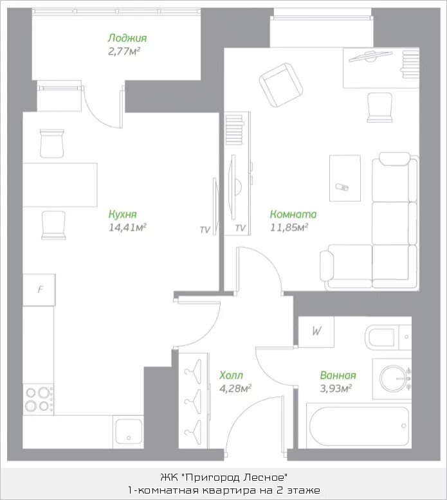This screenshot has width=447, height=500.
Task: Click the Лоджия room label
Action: point(127,38)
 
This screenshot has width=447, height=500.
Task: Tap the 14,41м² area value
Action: point(127,228)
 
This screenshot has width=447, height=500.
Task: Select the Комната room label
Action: point(293,214)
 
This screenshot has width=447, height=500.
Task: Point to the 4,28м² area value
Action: point(235,388)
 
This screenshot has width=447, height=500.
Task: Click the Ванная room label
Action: point(338,375)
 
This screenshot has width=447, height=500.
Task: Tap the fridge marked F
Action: point(39,290)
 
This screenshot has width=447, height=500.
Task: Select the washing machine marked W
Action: point(316,332)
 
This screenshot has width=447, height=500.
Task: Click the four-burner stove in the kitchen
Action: point(39,399)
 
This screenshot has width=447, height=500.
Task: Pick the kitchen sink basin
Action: point(129,431)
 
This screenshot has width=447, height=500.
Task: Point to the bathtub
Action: point(359,425)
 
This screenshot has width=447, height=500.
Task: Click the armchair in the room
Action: point(281,85)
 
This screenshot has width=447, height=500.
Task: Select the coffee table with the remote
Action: point(345,178)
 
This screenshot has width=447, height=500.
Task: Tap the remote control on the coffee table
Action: point(342,186)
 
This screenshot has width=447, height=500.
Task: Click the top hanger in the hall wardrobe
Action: point(193,371)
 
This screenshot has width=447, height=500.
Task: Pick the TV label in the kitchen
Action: point(205,229)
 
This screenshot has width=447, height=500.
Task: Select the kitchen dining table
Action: point(60,185)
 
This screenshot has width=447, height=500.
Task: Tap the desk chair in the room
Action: point(379,107)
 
